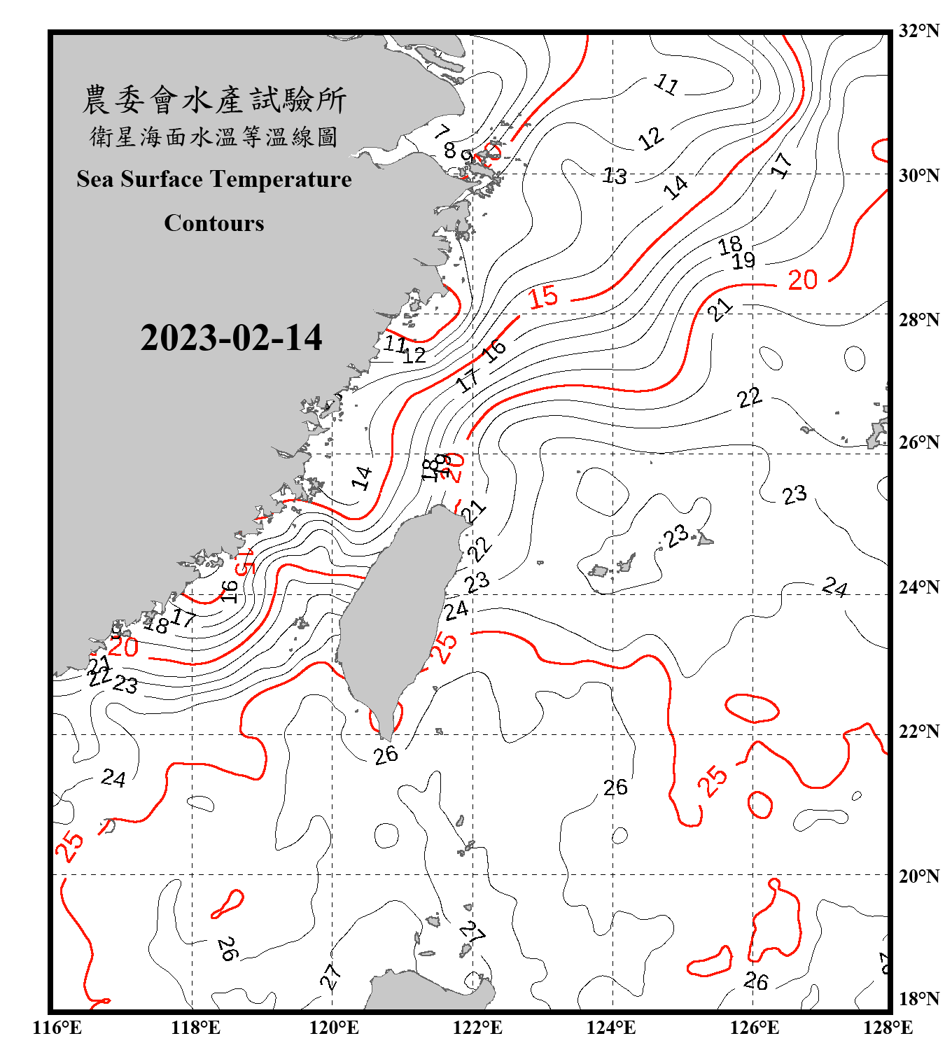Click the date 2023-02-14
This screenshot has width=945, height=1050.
tap(231, 338)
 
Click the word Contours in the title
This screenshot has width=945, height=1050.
tap(214, 223)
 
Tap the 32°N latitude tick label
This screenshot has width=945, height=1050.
tap(918, 31)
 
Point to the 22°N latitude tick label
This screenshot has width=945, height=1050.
tap(918, 731)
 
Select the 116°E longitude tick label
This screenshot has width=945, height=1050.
tap(57, 1028)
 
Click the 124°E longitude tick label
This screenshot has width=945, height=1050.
tap(611, 1028)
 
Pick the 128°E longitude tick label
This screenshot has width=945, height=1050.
tap(888, 1028)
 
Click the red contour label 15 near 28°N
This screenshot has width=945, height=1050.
tap(543, 297)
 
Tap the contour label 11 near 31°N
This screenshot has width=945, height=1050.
tap(666, 85)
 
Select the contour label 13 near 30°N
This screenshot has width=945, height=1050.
tap(615, 176)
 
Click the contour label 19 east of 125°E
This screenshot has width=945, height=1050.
tap(743, 261)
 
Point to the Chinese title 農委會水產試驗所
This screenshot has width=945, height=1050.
tap(214, 99)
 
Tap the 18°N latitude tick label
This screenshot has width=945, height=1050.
tap(918, 999)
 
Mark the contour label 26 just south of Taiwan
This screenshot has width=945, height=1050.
tap(386, 755)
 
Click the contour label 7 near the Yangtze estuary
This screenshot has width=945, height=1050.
tap(442, 131)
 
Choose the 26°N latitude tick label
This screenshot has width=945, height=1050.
tap(918, 442)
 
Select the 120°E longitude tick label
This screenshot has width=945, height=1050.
tap(334, 1028)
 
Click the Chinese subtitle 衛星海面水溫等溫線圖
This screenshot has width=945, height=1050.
tap(214, 136)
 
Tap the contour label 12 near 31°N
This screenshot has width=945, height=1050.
tap(651, 138)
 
